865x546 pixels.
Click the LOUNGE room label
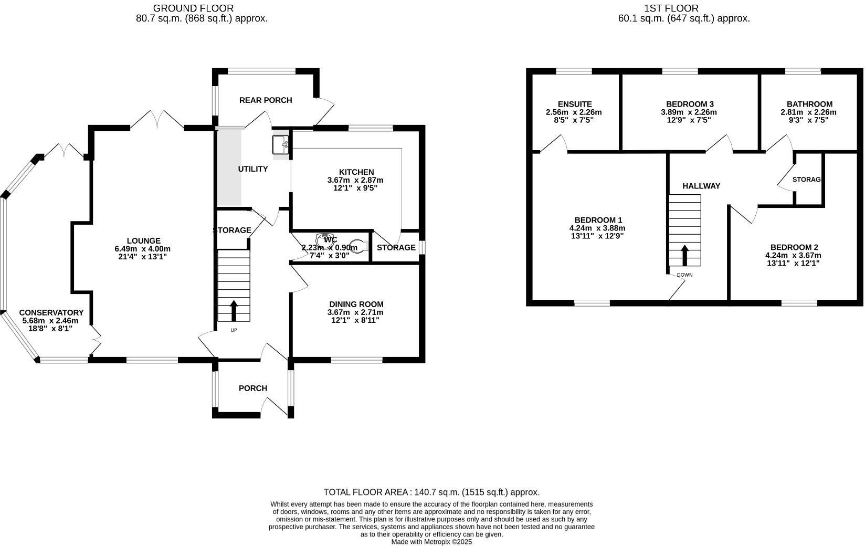pos(143,241)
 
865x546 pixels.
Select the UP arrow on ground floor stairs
pos(234,310)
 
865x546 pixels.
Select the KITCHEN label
pos(356,172)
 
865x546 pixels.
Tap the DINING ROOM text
pos(356,304)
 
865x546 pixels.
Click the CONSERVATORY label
pos(51,313)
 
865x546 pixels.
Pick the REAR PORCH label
pos(266,100)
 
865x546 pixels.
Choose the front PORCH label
pos(253,388)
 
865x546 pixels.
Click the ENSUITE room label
pos(575,104)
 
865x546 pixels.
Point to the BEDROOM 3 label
pos(690,104)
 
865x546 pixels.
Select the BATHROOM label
pos(809,104)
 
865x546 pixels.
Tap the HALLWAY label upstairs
pos(701,186)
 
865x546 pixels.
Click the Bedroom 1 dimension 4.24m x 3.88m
pos(597,228)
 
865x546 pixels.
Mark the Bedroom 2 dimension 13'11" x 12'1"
pos(793,264)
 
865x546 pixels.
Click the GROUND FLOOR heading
pos(193,8)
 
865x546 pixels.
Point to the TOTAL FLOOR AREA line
pos(431,492)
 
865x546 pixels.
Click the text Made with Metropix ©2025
pos(432,542)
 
